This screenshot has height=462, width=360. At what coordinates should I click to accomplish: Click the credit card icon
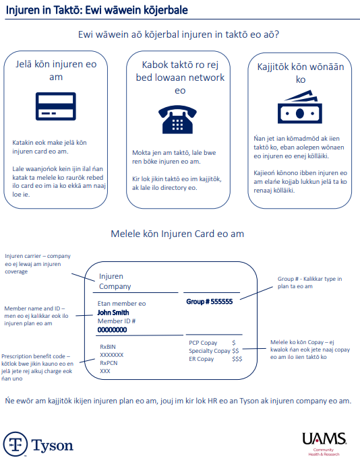56,106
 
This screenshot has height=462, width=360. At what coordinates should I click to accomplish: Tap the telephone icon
177,119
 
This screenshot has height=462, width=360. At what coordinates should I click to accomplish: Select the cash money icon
300,106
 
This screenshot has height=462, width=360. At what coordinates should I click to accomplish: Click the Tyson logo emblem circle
16,444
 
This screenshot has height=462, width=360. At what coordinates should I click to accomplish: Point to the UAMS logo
324,444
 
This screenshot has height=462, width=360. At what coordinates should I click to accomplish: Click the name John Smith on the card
113,312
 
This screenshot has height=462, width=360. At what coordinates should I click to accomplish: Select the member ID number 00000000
112,330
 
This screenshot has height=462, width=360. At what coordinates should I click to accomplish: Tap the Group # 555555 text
210,302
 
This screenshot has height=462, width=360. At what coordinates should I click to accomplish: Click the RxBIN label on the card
108,347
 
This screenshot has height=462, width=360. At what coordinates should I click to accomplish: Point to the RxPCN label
109,363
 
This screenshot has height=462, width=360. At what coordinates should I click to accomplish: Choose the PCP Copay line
212,343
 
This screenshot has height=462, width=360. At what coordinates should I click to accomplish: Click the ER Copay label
201,359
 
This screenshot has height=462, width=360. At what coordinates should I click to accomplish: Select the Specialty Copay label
210,351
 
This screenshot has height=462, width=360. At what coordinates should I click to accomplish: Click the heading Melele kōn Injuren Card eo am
177,234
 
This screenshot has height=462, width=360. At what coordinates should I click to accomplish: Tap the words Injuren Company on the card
115,282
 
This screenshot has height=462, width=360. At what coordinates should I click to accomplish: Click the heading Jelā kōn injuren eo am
56,71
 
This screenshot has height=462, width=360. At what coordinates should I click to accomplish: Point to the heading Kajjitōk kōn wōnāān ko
301,73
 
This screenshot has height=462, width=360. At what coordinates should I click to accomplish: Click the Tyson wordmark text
52,446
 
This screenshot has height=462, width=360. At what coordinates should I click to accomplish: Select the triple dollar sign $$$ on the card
237,359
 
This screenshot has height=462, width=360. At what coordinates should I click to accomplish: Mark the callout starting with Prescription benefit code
37,368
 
